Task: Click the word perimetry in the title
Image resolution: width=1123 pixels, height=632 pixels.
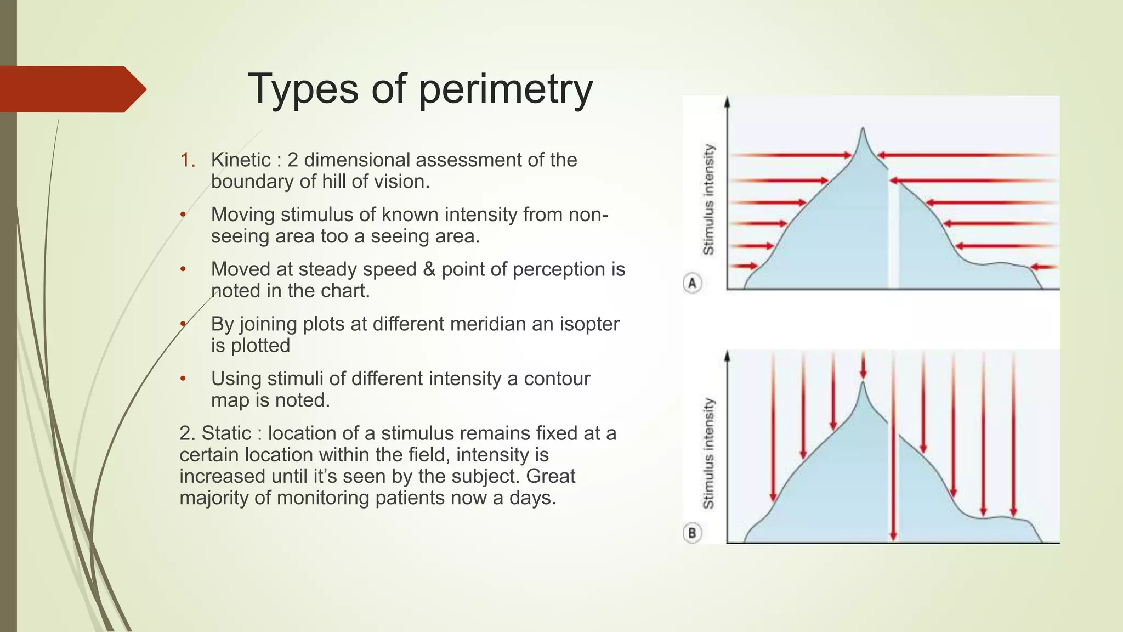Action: point(505,89)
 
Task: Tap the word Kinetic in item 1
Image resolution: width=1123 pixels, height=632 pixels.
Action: point(241,160)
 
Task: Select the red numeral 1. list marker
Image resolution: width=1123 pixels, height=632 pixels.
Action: point(188,160)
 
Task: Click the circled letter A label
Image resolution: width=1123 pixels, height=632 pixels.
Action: point(692,283)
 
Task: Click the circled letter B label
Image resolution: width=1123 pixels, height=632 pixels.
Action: point(692,533)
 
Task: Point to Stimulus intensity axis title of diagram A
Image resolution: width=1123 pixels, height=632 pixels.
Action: point(708,200)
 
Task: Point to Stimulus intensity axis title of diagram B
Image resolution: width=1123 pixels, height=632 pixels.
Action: point(708,453)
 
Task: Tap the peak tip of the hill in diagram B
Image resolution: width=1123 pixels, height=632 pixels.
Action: point(863,383)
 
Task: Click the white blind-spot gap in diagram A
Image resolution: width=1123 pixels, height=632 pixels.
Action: point(893,236)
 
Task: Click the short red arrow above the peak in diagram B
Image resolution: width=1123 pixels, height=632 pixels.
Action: point(863,365)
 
